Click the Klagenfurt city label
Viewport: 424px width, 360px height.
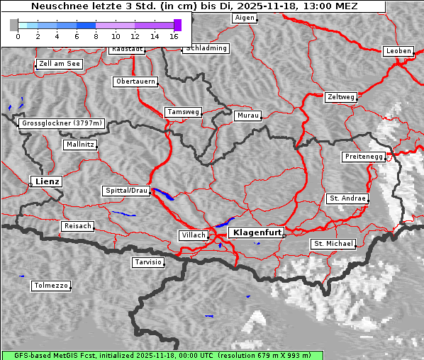257,232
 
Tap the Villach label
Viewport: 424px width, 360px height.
193,235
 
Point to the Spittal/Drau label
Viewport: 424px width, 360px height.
126,191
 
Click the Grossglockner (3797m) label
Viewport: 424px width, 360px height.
62,123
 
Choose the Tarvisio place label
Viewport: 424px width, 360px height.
148,262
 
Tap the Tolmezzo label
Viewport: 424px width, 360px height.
50,286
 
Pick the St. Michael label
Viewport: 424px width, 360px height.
333,244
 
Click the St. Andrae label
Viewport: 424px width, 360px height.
347,198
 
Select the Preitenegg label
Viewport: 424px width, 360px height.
364,156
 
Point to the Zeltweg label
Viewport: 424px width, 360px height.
341,96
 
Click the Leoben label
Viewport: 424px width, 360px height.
397,51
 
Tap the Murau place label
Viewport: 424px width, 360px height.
247,115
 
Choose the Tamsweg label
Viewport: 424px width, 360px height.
184,112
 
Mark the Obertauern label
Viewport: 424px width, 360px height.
135,81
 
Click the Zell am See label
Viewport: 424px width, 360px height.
59,64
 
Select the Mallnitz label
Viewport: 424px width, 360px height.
79,145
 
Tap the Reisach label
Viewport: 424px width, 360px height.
77,226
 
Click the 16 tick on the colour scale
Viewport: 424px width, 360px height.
174,35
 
